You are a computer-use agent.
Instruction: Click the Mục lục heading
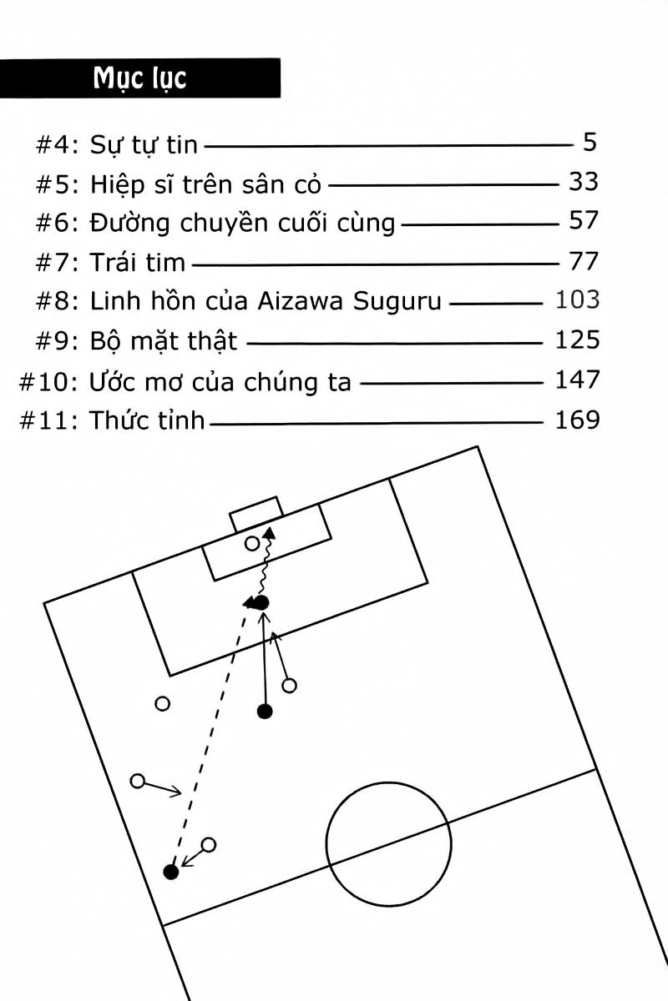[139, 78]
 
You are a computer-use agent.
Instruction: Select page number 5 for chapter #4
[590, 143]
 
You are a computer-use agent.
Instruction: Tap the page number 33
[583, 182]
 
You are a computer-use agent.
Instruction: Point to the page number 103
[577, 299]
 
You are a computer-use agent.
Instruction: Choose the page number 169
[577, 419]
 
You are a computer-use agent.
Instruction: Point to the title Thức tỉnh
[146, 419]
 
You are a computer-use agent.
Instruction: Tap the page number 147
[577, 380]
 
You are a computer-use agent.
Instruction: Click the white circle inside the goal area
[252, 544]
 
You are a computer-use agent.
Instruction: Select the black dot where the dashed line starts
[171, 873]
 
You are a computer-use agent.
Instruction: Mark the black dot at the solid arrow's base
[265, 712]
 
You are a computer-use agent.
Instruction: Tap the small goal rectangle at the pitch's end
[256, 514]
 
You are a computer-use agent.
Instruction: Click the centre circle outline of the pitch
[326, 844]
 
